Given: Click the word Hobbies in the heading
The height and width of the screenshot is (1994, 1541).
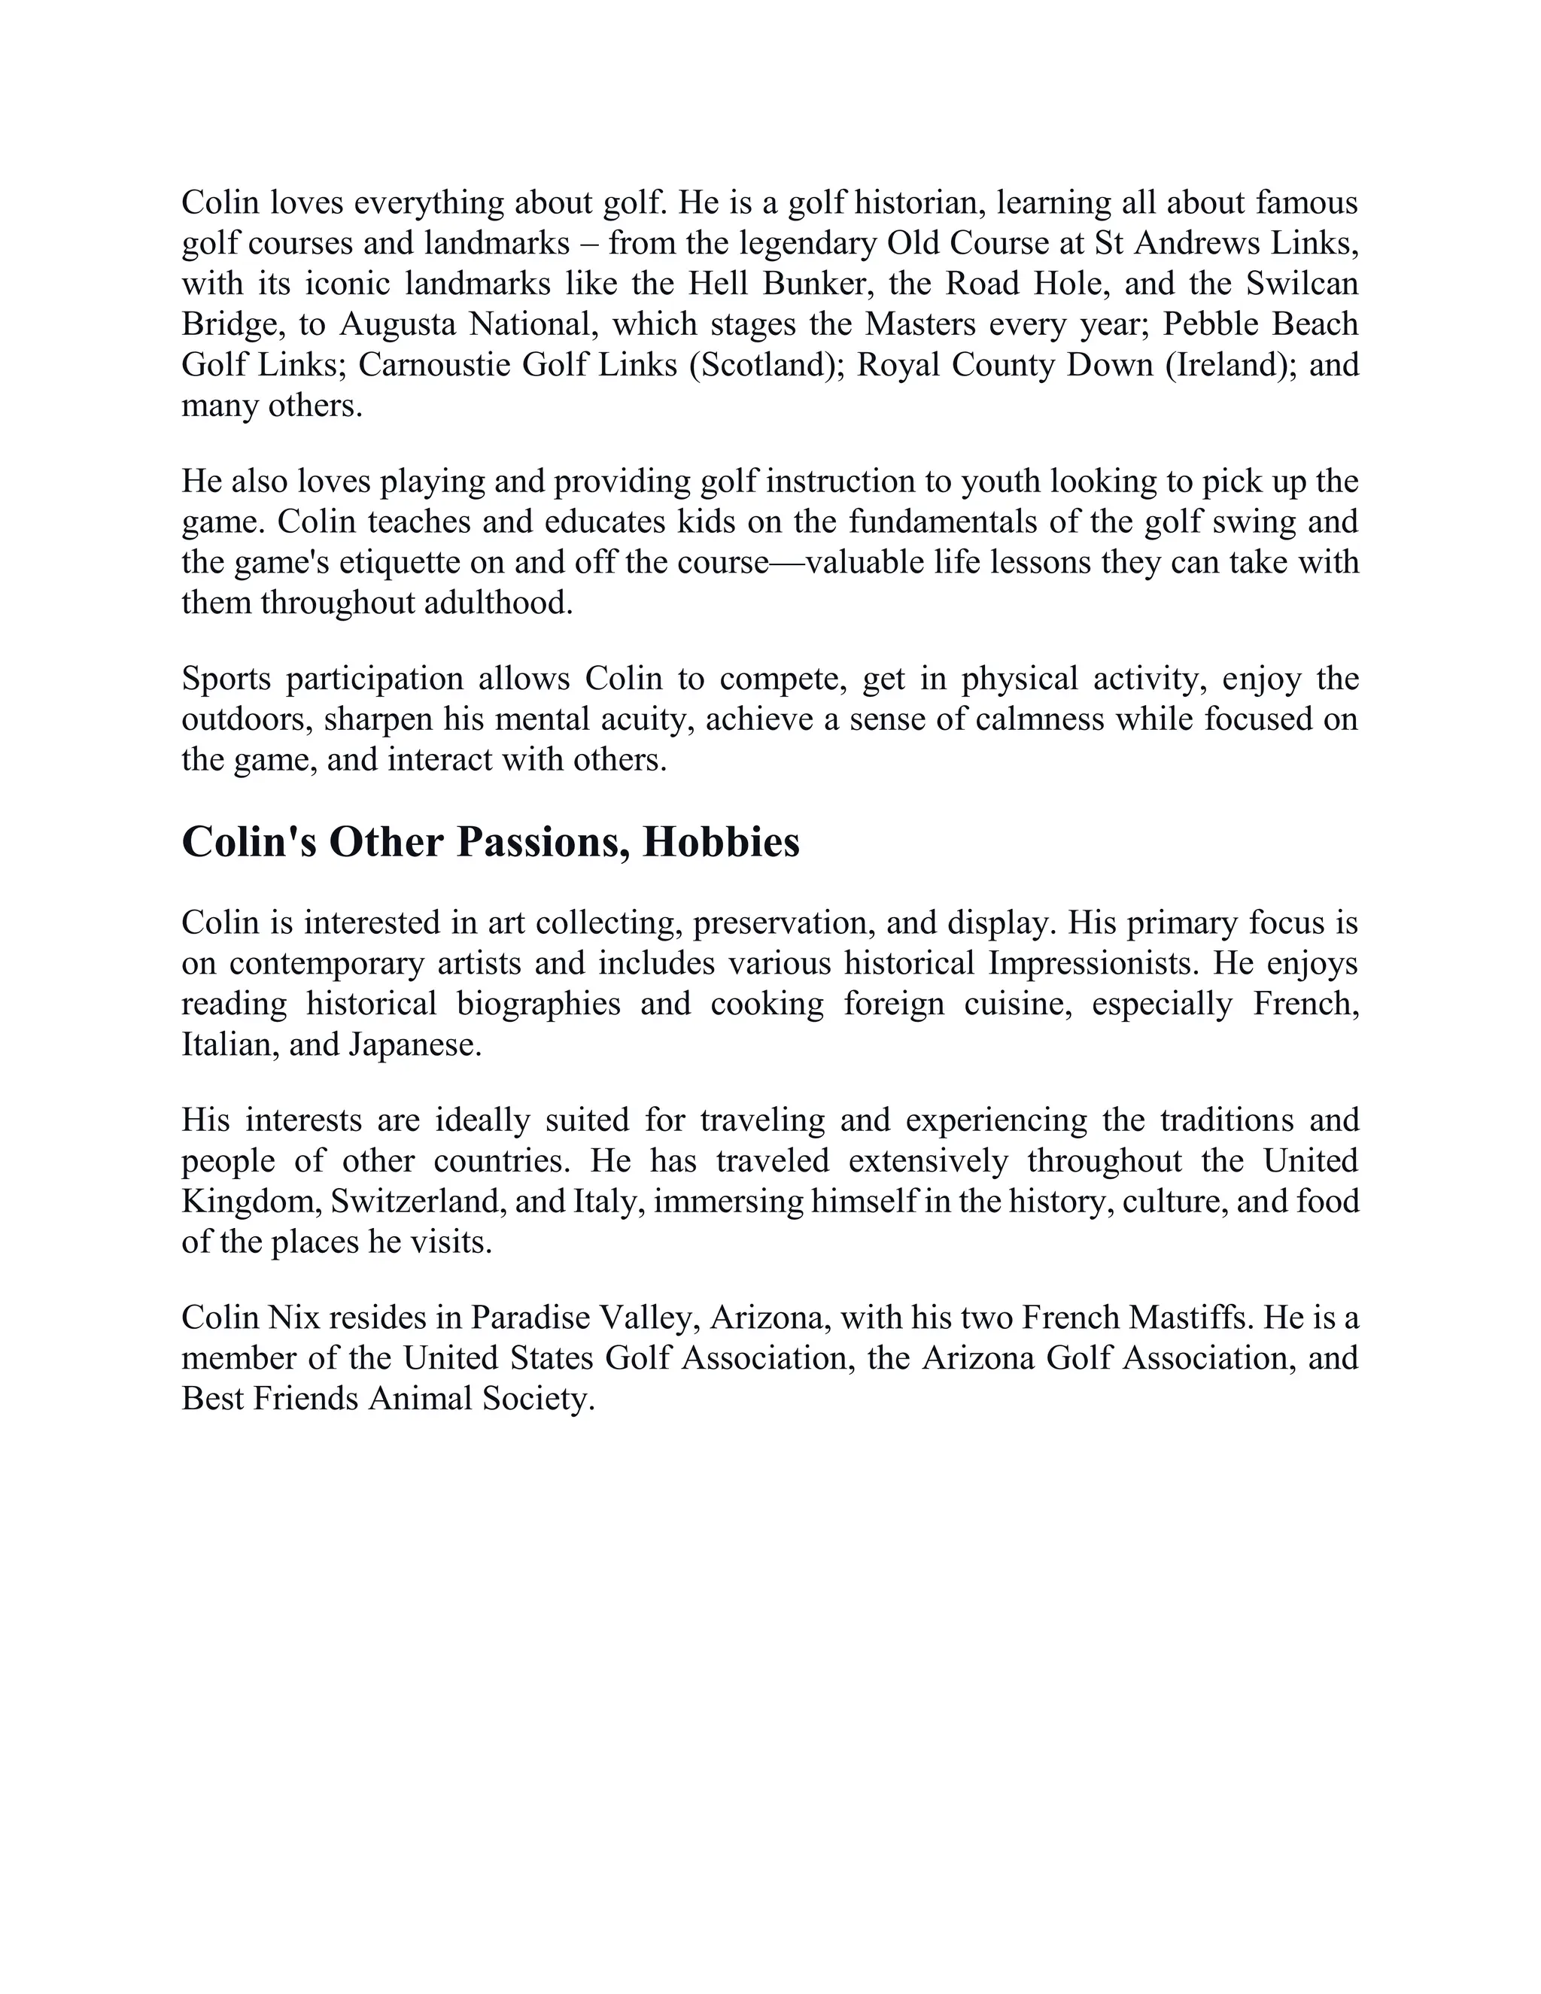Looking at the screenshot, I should tap(720, 843).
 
